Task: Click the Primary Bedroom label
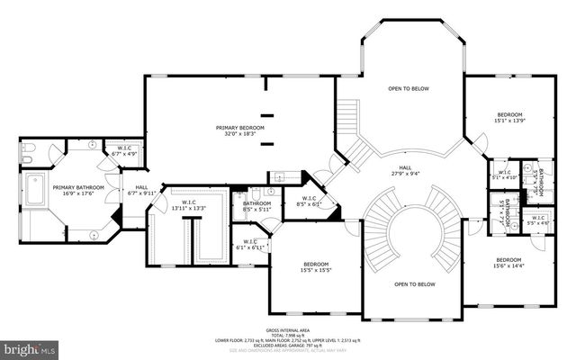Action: click(239, 128)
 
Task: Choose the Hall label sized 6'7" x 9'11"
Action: click(142, 189)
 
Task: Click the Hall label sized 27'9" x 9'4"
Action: click(406, 167)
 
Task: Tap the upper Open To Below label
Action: click(408, 89)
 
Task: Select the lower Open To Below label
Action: click(414, 283)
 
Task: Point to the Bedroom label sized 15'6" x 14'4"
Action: click(508, 260)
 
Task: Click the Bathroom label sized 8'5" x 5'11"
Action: click(256, 204)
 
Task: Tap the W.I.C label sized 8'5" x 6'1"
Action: click(309, 199)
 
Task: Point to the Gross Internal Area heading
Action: click(288, 329)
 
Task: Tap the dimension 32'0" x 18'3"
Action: click(239, 133)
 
